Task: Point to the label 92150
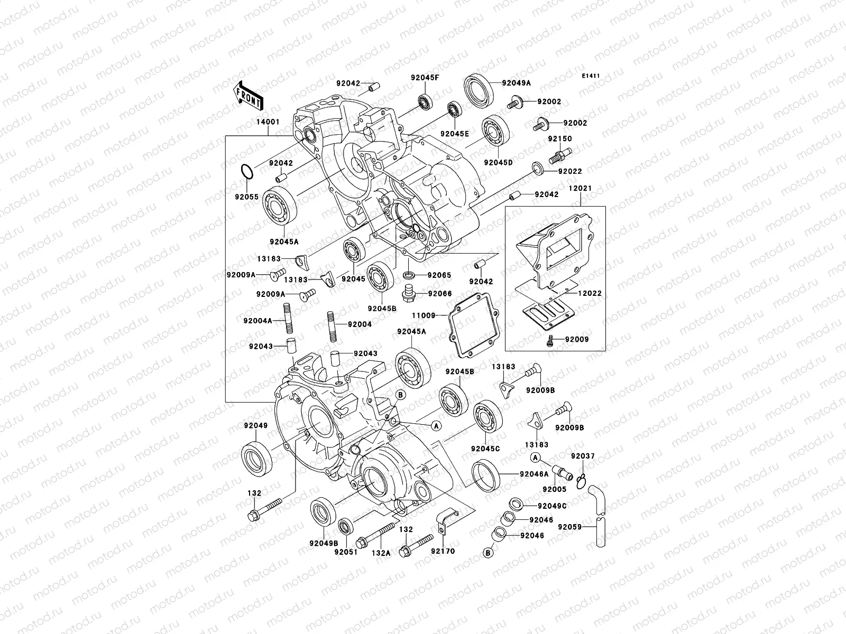[559, 139]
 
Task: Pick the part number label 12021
[580, 188]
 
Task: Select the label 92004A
[258, 320]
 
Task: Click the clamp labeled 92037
[582, 479]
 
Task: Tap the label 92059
[569, 527]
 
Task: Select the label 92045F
[425, 78]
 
